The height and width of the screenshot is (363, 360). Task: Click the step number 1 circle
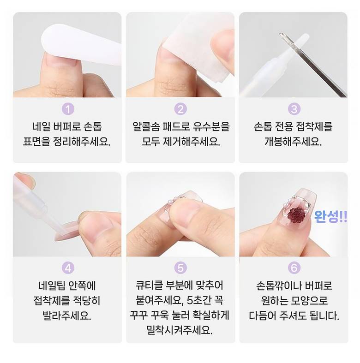[x=68, y=109]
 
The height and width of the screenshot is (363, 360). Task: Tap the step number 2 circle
[x=180, y=109]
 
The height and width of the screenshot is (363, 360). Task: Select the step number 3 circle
[x=294, y=109]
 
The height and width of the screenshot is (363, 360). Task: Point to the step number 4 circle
[x=68, y=268]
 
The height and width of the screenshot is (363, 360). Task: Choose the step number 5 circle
[x=180, y=268]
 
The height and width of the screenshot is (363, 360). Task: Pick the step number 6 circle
[x=294, y=268]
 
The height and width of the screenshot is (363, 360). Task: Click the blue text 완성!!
[x=330, y=216]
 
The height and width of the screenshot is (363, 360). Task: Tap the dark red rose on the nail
[x=296, y=214]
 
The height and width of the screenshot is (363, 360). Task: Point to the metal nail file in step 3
[x=313, y=65]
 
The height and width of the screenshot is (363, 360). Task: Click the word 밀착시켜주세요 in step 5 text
[x=180, y=330]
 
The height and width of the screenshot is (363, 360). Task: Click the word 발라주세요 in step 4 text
[x=67, y=315]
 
